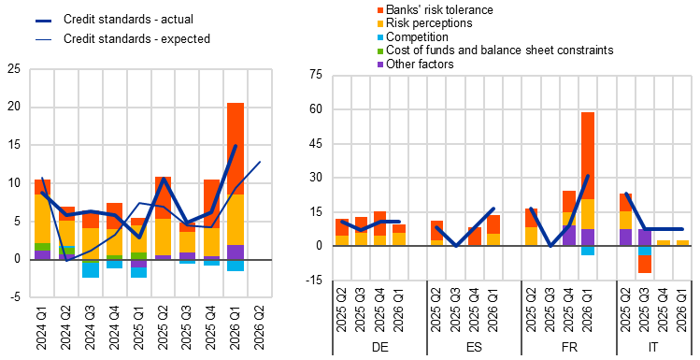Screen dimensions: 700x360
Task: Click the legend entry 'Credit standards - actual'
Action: point(114,20)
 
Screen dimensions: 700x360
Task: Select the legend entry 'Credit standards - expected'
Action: point(122,39)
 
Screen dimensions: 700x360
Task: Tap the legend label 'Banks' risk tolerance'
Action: point(436,10)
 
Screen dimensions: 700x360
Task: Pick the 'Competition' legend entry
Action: point(412,36)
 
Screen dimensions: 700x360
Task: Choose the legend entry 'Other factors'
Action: point(415,65)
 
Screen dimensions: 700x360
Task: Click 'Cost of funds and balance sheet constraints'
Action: point(495,50)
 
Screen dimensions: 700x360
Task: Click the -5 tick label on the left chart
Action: point(16,296)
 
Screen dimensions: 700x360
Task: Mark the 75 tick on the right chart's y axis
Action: point(315,75)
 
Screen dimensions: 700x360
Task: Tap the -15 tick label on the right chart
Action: point(314,280)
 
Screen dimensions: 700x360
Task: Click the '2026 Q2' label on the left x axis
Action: point(259,323)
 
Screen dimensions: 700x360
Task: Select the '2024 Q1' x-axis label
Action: point(41,323)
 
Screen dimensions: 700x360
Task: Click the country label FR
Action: point(569,347)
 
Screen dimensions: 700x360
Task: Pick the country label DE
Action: point(380,347)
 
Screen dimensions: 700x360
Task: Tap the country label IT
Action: point(653,347)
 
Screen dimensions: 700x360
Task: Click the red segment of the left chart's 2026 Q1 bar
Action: point(236,149)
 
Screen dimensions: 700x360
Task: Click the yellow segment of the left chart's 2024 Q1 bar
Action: point(42,219)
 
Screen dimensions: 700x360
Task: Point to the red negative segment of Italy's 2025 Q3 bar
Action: point(644,264)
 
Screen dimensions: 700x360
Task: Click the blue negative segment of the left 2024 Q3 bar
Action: point(90,270)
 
